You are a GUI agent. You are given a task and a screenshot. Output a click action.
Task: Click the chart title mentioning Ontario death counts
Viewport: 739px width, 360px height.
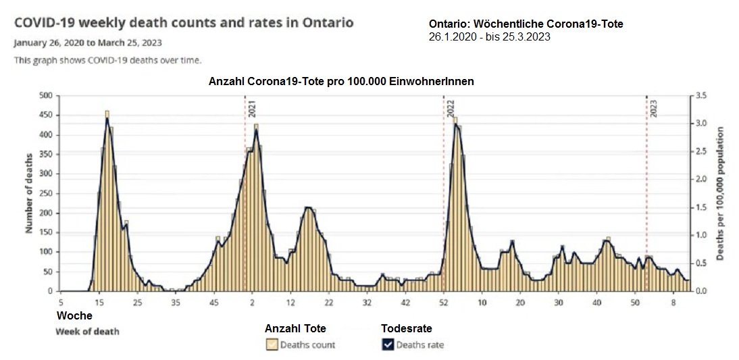(x=183, y=22)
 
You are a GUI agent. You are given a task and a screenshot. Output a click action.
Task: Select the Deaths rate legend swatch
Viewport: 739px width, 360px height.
(x=387, y=344)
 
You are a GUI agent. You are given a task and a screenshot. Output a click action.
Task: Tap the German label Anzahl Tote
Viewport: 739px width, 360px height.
(x=295, y=329)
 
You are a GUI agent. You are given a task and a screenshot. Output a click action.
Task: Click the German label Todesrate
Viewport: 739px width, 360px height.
(x=406, y=329)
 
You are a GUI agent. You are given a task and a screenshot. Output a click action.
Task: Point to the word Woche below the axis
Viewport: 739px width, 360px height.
(x=74, y=315)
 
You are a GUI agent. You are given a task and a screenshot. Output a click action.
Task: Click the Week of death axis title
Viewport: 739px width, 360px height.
(x=87, y=332)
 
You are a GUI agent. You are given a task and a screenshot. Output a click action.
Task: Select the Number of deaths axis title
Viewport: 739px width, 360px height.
(x=29, y=193)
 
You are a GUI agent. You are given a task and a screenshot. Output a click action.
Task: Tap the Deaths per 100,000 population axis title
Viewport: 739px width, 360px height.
(x=721, y=193)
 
